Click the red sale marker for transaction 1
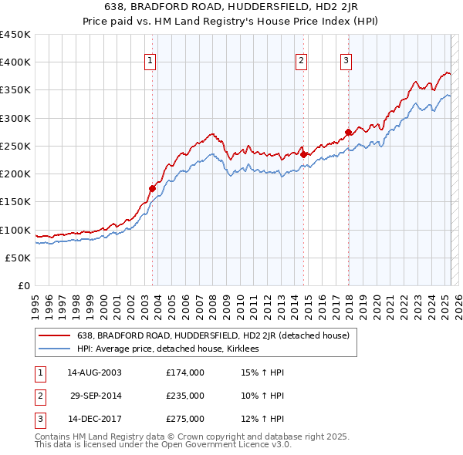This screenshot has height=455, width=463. coord(152,187)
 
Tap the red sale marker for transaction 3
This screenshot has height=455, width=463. coord(348,132)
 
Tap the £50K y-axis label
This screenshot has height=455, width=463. coord(19,258)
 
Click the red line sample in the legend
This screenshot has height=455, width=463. coord(56,335)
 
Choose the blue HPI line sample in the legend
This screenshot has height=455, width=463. coord(56,349)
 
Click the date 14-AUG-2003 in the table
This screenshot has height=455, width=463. coord(95,372)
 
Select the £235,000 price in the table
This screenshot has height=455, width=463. coord(185,396)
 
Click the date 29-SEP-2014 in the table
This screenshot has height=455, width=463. coord(95,396)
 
